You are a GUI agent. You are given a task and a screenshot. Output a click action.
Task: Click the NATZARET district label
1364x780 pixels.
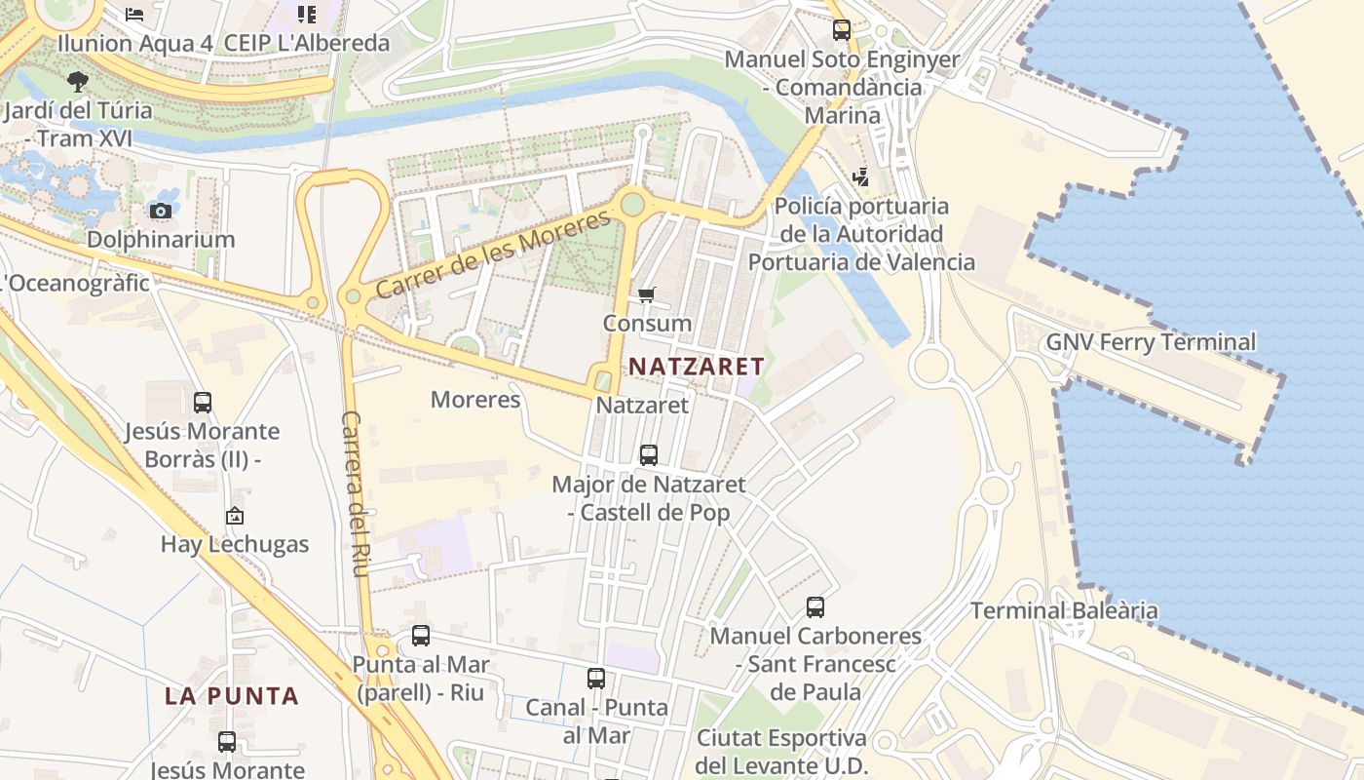point(697,367)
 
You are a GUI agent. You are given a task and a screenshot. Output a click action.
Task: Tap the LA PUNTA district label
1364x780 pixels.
point(231,696)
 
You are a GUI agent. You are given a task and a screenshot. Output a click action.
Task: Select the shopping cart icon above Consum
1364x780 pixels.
point(647,294)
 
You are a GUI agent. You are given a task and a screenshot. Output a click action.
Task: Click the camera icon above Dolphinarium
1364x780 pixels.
point(161,211)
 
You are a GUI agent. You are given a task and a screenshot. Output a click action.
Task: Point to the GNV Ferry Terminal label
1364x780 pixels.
point(1151,342)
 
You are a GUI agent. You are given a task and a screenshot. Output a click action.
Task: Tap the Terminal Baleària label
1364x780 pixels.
point(1064,611)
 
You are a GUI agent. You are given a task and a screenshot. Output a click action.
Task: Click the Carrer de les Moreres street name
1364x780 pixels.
point(498,255)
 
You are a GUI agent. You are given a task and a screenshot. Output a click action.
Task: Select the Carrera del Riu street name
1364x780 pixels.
point(354,492)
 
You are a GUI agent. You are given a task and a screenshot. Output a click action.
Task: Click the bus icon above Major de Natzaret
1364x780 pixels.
point(648,454)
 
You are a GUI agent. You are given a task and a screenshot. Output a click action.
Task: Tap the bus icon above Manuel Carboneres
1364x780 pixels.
point(815,607)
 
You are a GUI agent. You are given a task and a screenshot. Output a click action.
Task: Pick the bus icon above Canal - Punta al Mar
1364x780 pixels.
point(596,679)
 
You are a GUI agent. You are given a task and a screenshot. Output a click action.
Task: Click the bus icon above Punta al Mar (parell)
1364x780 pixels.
point(421,636)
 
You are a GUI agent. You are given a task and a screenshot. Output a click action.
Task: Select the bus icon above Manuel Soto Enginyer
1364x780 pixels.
point(842,30)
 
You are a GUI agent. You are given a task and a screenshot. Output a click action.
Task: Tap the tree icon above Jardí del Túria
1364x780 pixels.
point(78,82)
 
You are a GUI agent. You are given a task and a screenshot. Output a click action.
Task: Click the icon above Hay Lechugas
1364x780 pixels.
point(235,516)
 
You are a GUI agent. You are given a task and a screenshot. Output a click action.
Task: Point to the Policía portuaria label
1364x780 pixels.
point(861,234)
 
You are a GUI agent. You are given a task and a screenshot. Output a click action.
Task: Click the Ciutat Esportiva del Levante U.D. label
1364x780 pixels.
point(781,751)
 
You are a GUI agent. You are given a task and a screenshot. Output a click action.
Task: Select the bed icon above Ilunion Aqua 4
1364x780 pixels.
point(134,14)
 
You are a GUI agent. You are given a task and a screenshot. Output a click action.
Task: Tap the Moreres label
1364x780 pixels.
point(475,399)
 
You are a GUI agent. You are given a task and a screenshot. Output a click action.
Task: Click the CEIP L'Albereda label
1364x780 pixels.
point(307,43)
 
